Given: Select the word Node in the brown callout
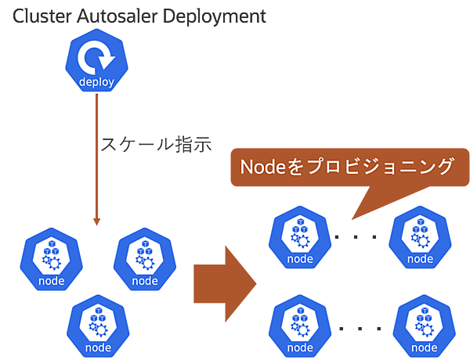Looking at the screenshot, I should click(260, 167).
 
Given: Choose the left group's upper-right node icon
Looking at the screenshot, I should click(145, 258).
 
